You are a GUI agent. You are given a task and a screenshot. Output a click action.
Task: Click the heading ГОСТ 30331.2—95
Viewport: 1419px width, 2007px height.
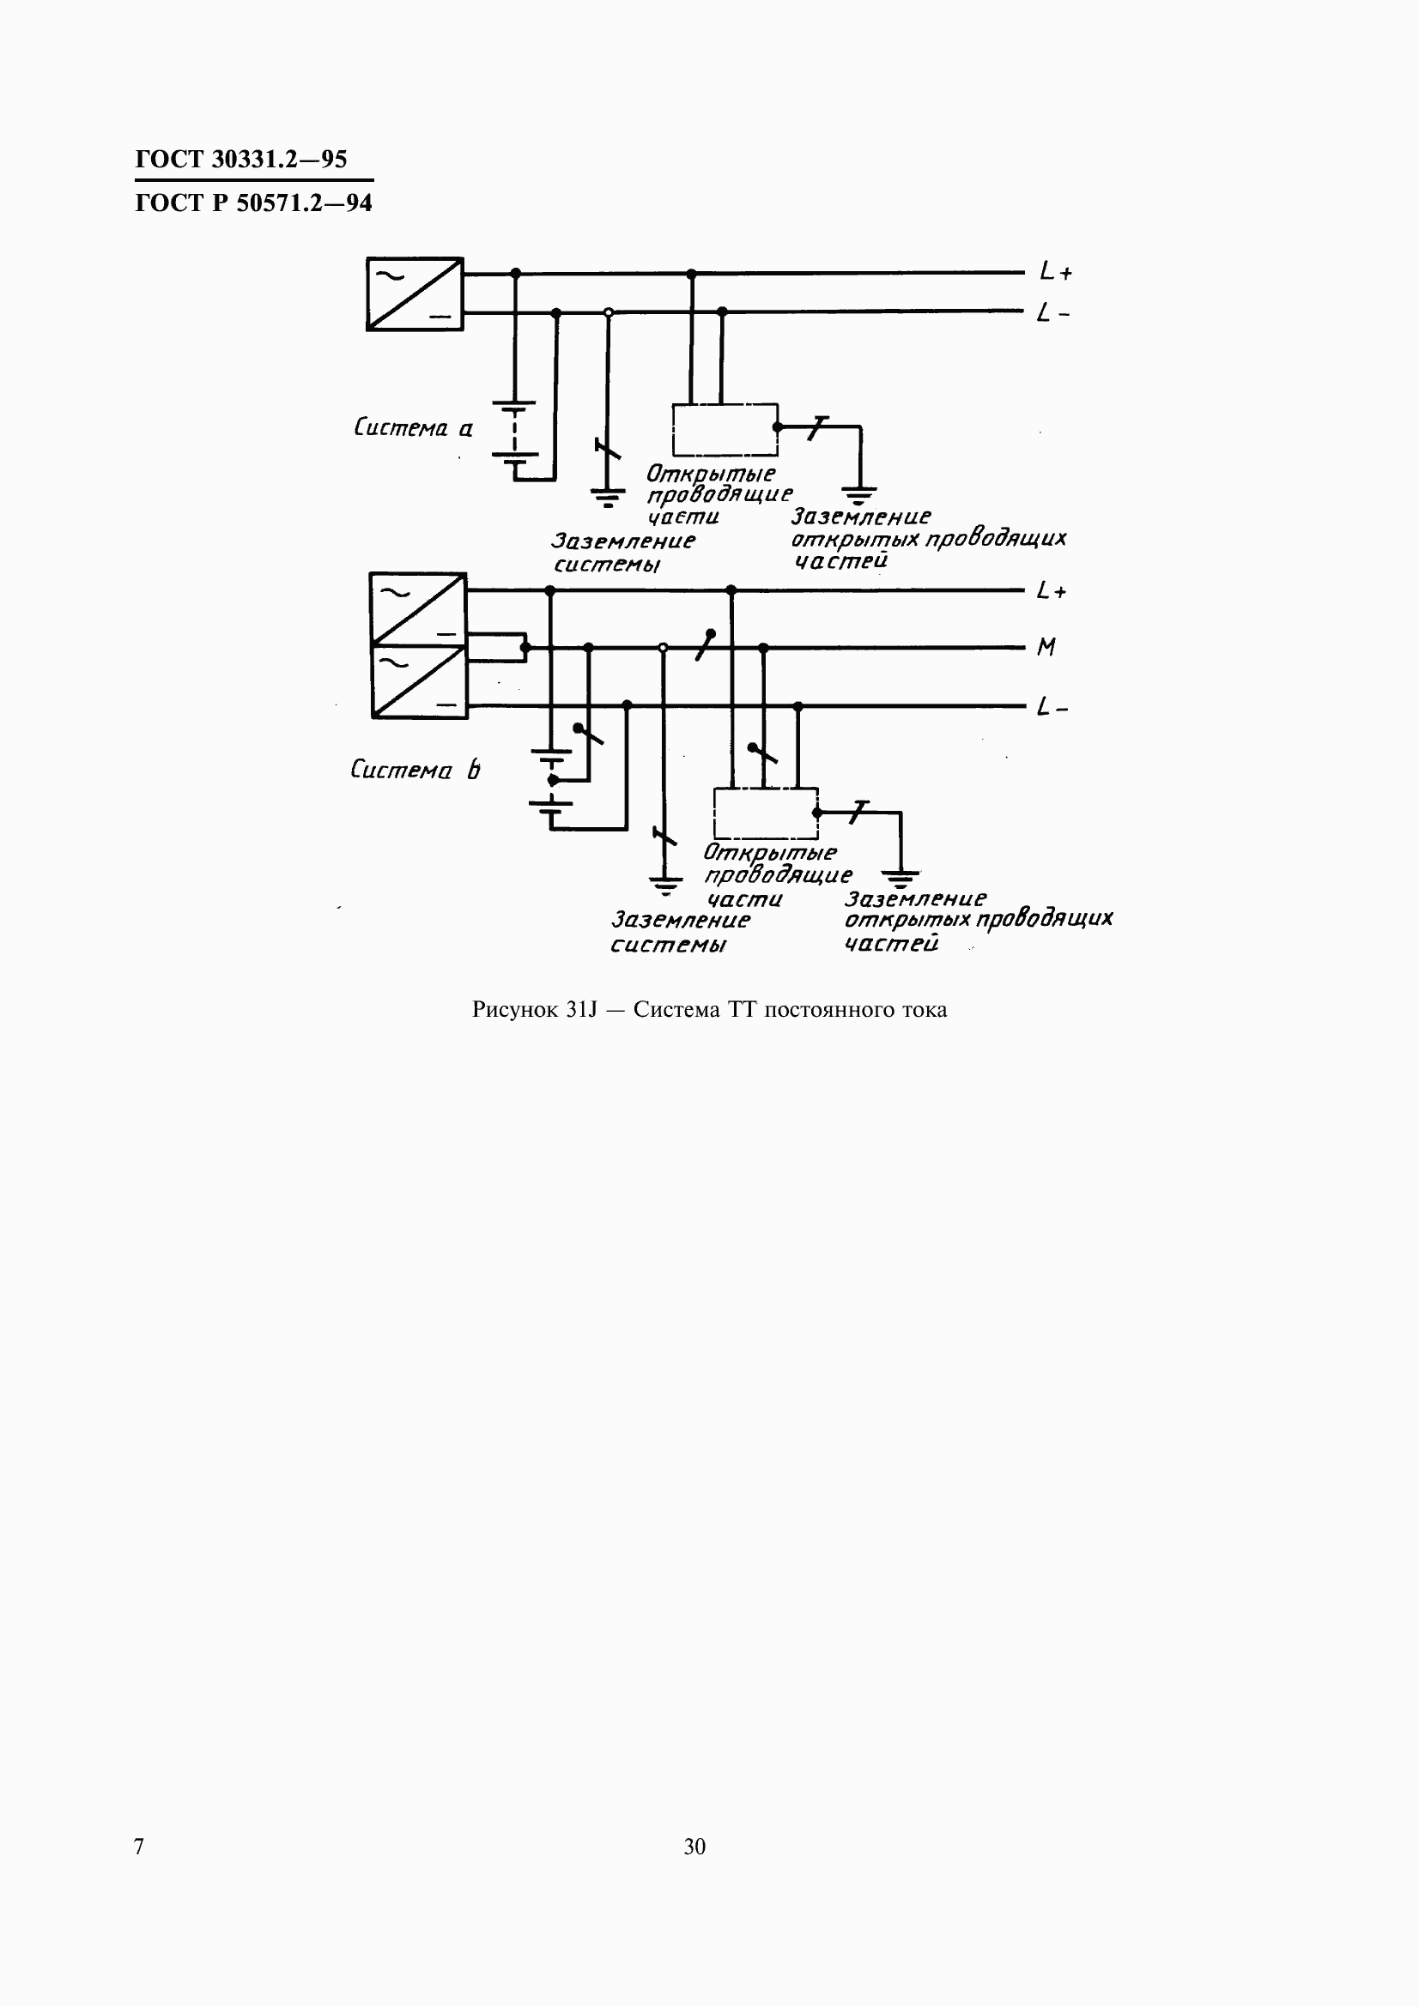[x=241, y=159]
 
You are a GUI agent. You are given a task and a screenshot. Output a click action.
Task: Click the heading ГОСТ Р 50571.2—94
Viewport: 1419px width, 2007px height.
[x=253, y=203]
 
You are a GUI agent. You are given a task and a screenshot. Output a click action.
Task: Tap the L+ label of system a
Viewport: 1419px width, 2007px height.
[x=1055, y=272]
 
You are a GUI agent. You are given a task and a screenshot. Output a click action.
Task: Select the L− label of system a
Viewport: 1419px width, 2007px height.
[x=1052, y=312]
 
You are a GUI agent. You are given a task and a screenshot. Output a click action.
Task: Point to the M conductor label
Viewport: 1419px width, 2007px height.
[x=1046, y=647]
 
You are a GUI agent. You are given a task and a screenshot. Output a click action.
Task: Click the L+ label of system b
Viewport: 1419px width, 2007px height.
[x=1052, y=591]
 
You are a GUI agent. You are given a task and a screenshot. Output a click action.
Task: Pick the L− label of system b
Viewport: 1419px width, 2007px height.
[x=1052, y=706]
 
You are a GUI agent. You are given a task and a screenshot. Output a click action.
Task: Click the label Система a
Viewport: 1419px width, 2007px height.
[x=413, y=427]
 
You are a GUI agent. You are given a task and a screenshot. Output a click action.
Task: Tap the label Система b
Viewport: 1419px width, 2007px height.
[x=415, y=769]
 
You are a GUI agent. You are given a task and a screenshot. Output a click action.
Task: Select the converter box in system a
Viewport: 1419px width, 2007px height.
[x=415, y=293]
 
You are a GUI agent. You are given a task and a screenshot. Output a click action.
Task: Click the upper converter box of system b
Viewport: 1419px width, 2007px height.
[x=418, y=609]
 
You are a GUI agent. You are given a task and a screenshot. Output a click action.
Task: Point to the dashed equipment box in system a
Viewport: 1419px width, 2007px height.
[x=725, y=429]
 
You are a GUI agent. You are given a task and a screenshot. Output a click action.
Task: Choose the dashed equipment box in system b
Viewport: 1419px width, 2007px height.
[x=766, y=813]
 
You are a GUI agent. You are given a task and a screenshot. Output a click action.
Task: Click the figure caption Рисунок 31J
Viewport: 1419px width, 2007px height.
[x=709, y=1010]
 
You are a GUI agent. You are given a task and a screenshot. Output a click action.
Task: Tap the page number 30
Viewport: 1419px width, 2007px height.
[x=694, y=1847]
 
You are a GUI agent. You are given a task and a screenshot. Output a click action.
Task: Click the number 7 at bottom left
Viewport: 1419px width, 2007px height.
[x=139, y=1847]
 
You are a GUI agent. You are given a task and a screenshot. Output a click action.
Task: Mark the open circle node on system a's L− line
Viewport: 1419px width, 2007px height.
[x=609, y=312]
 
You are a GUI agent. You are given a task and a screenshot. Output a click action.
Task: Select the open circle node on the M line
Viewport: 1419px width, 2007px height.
[x=663, y=648]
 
